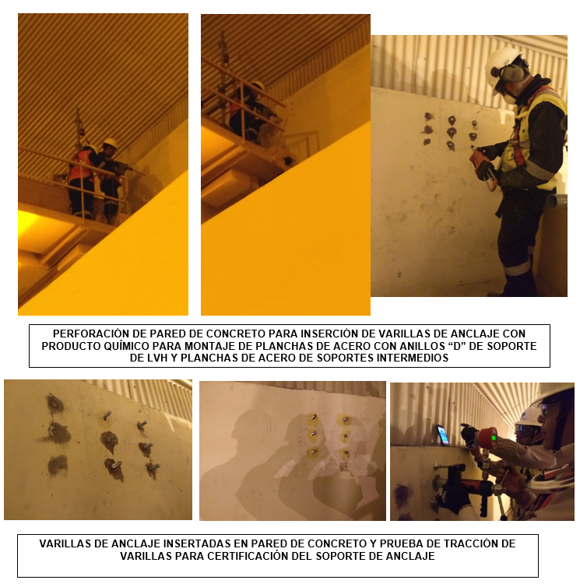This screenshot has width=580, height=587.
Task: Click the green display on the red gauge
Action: (x=494, y=437)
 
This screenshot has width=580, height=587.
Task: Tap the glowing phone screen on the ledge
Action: (x=443, y=435)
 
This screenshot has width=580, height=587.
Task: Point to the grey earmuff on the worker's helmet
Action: (x=511, y=73)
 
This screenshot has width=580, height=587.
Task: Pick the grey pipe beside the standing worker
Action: (x=556, y=201)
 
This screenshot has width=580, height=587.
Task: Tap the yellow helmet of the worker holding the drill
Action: (x=111, y=142)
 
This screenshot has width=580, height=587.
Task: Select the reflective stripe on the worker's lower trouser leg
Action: (x=518, y=268)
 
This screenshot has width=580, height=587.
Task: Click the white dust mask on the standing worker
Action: (x=508, y=100)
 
